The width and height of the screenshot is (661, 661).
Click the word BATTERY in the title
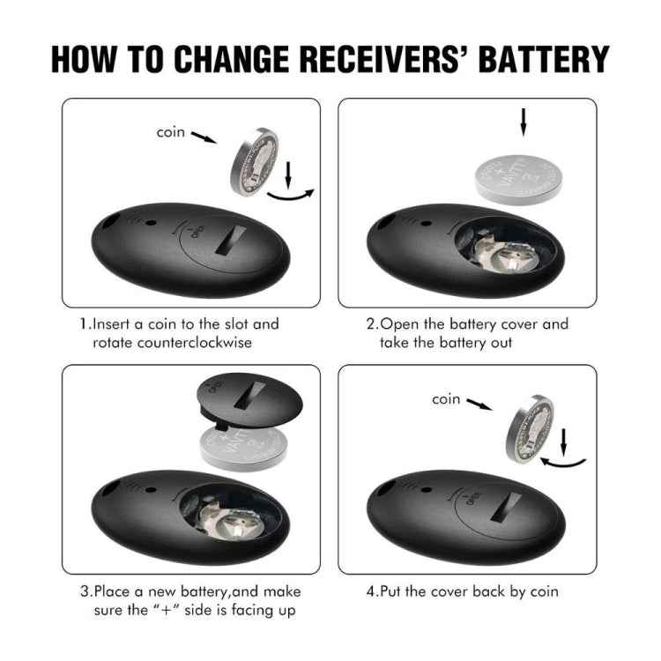pos(544,58)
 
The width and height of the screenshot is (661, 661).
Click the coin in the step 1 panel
pos(255,162)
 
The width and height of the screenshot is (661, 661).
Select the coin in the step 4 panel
pos(530,428)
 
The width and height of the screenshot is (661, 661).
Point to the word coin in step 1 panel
pos(170,132)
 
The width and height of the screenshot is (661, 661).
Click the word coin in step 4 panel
pos(446,399)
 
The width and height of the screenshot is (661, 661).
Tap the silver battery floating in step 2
pos(518,179)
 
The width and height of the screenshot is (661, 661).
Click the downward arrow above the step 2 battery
pos(524,123)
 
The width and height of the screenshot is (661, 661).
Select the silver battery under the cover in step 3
pos(243,448)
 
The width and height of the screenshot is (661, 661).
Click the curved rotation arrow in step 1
pos(291,195)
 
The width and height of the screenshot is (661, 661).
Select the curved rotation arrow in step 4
pos(564,463)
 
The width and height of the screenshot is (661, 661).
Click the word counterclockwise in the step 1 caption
pos(195,342)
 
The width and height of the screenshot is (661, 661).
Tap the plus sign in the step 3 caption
pos(167,610)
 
